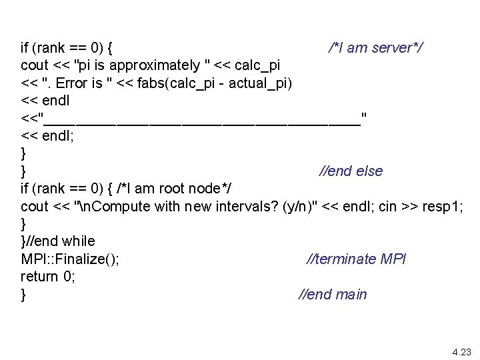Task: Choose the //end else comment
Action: tap(351, 171)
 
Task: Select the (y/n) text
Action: tap(298, 206)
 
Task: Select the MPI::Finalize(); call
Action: tap(70, 259)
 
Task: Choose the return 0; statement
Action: tap(47, 276)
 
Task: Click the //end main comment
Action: tap(332, 294)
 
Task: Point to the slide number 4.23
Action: tap(461, 351)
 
